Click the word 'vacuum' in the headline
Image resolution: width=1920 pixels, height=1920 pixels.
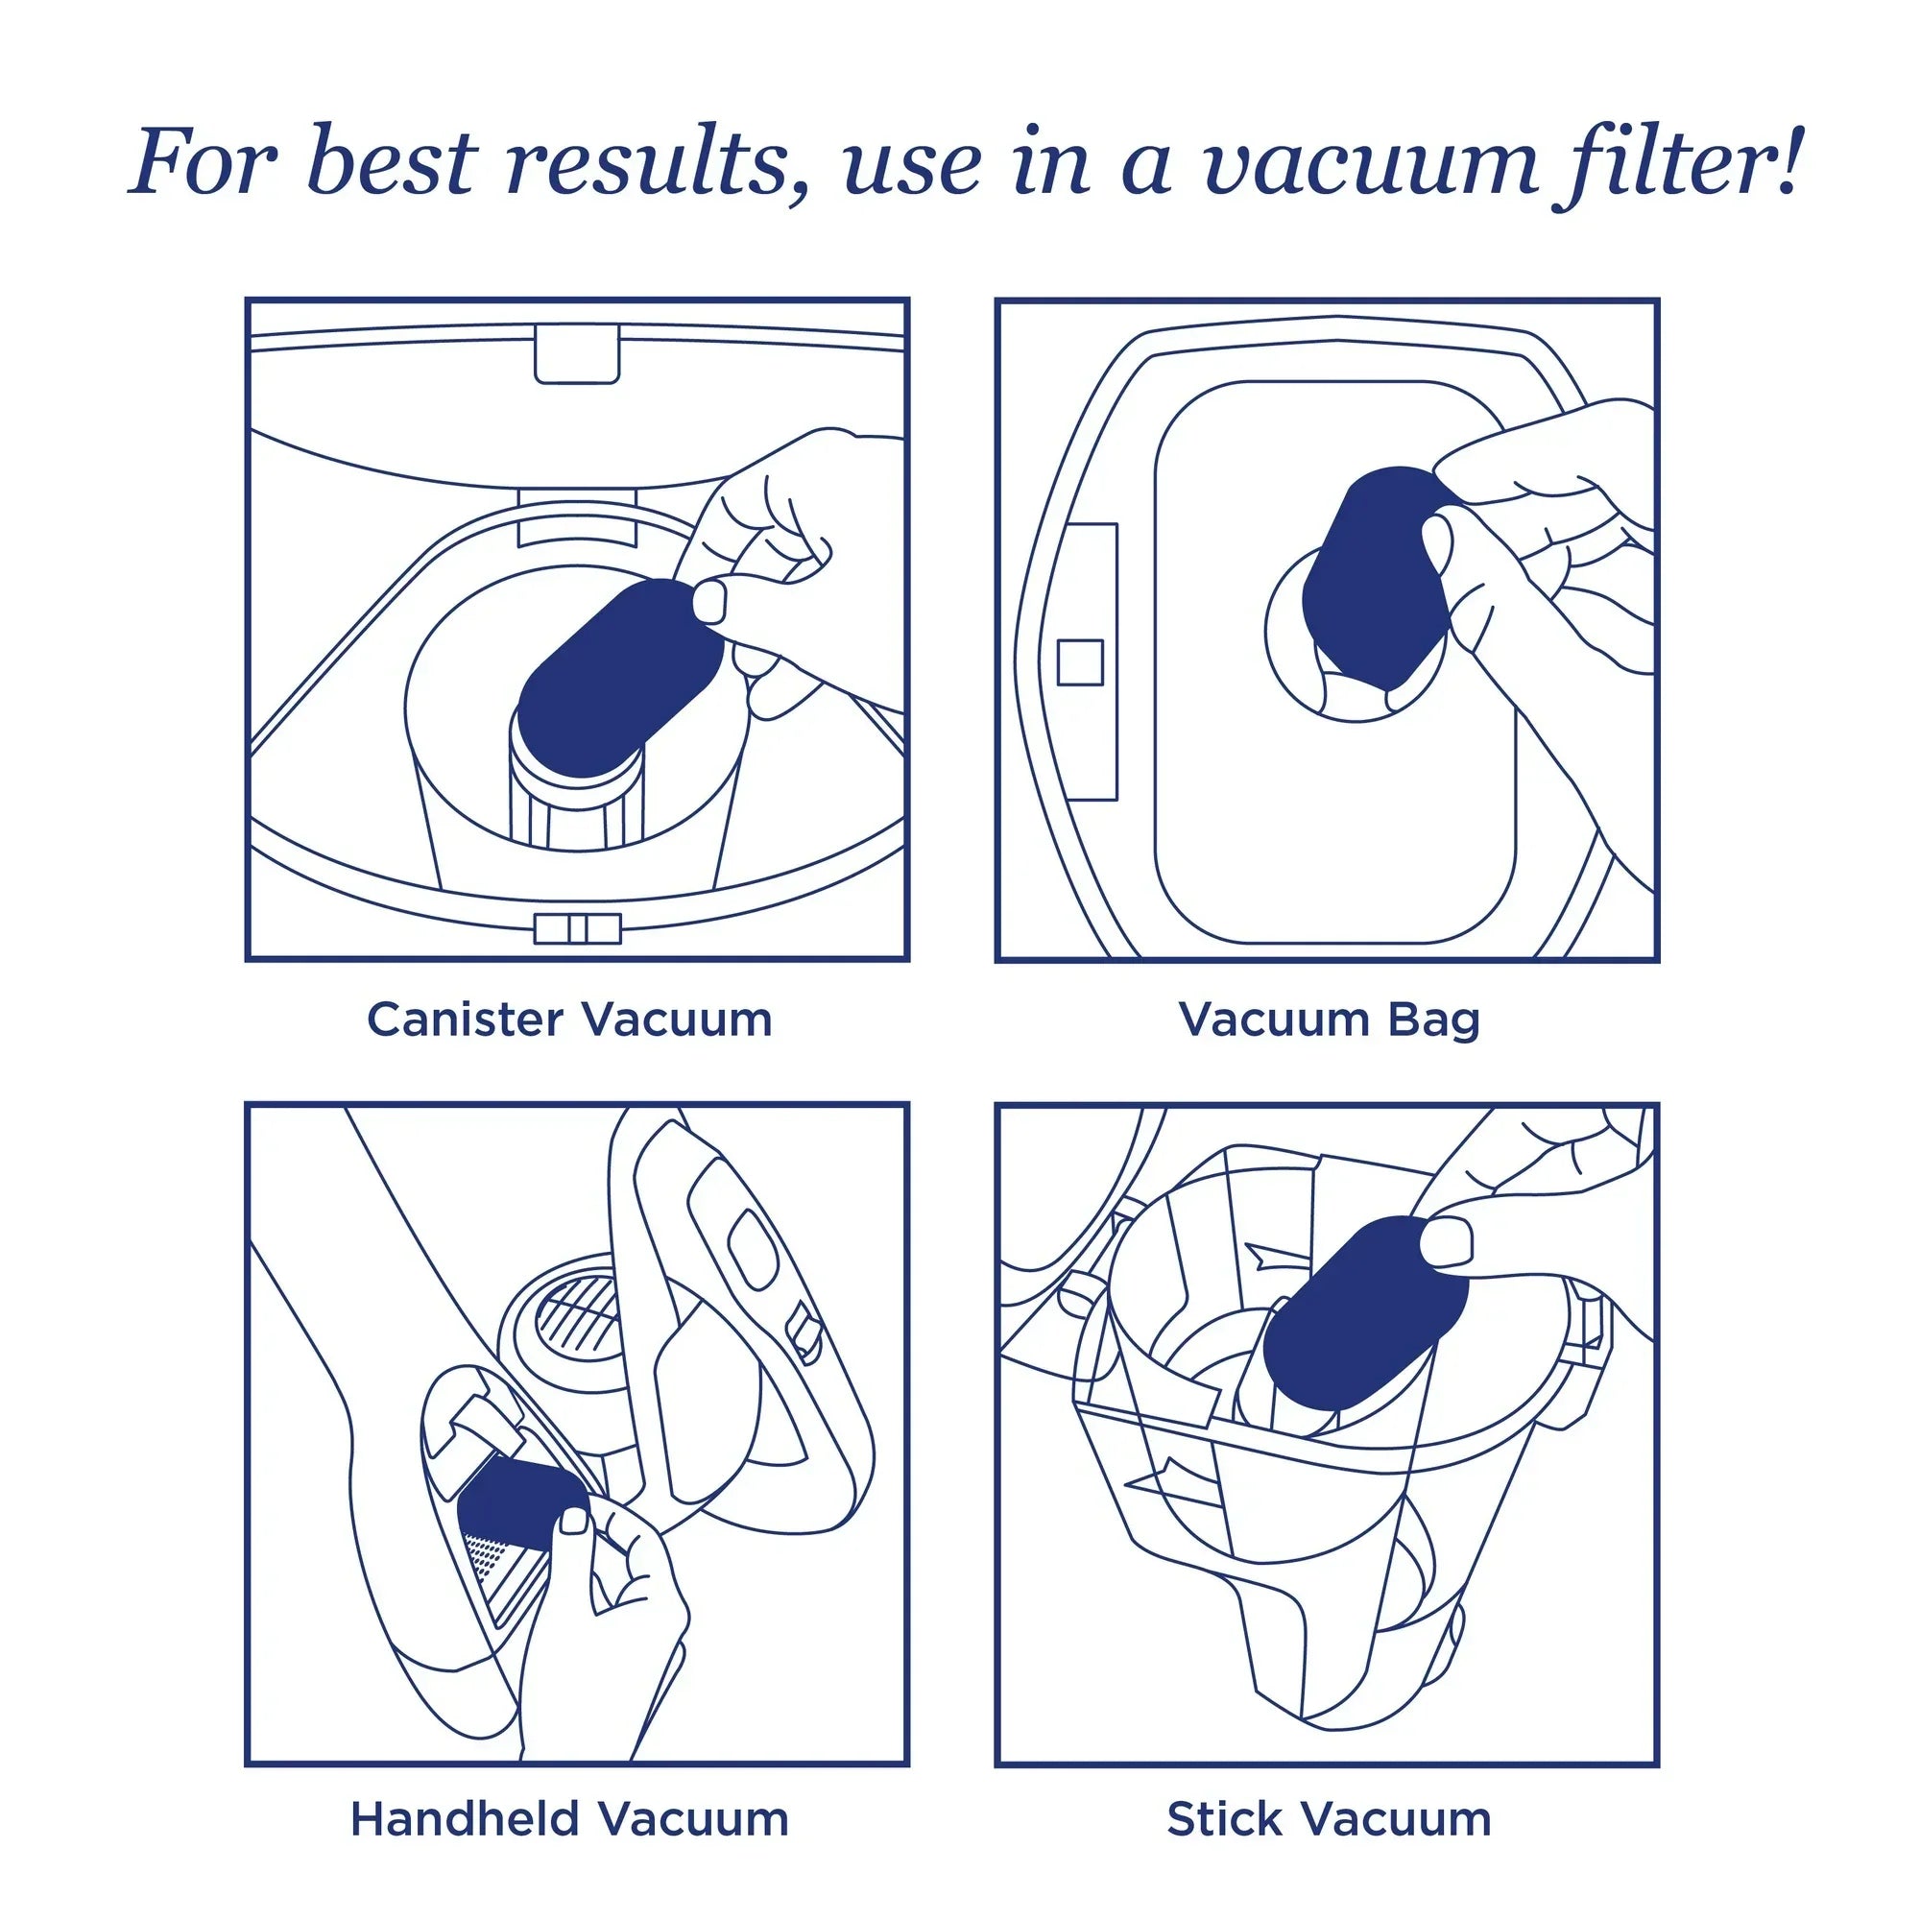pos(1371,163)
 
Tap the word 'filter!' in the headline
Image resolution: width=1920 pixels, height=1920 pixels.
pos(1679,158)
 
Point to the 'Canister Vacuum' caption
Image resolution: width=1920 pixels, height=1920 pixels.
pos(569,1020)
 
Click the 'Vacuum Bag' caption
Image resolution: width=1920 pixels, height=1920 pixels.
pos(1329,1020)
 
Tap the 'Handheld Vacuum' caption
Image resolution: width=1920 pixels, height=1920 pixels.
pos(569,1819)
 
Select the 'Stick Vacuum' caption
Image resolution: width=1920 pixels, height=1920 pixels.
pos(1329,1819)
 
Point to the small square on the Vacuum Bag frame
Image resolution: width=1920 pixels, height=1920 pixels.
pos(1079,661)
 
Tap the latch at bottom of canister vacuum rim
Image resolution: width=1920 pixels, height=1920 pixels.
pos(577,929)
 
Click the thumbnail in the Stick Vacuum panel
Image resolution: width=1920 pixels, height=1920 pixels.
pos(1447,1243)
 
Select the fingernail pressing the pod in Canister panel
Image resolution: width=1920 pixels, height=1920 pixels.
pos(708,602)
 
